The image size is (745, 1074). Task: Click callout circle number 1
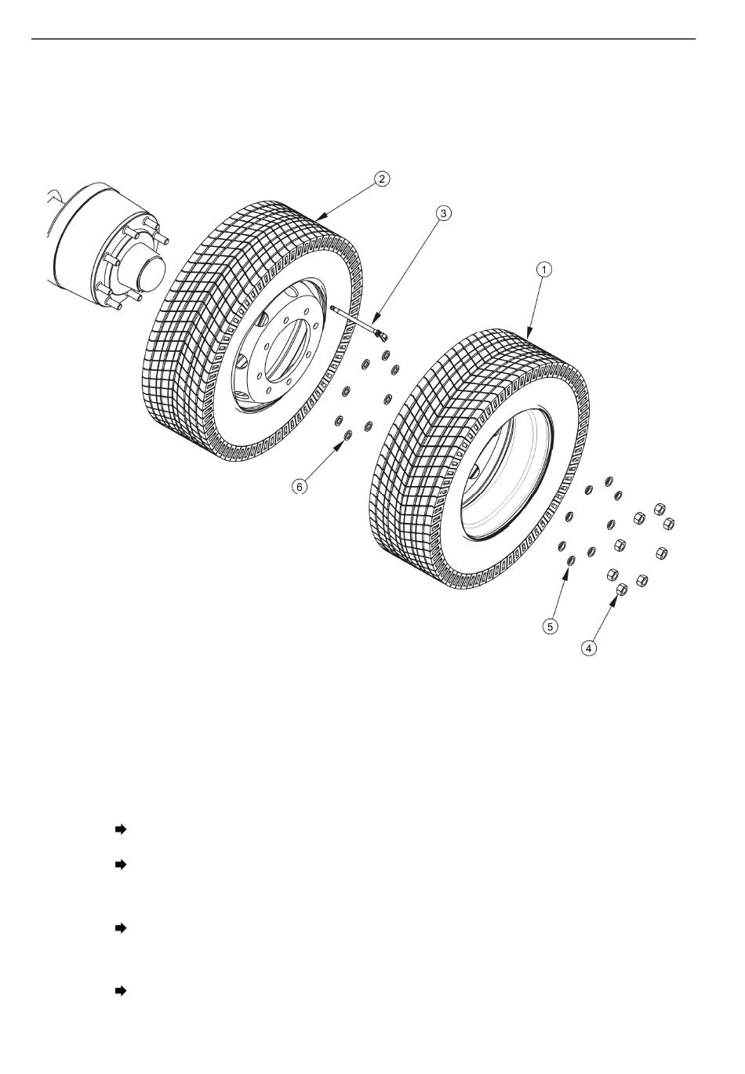[x=543, y=270]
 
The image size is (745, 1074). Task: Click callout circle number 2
[x=381, y=179]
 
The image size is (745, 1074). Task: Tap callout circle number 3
[x=443, y=213]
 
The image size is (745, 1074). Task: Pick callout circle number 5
[x=551, y=626]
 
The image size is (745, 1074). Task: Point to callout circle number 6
[x=300, y=487]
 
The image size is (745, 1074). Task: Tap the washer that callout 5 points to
[x=572, y=560]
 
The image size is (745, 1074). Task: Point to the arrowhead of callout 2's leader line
[x=319, y=218]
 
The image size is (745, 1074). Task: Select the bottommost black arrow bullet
[x=121, y=991]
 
